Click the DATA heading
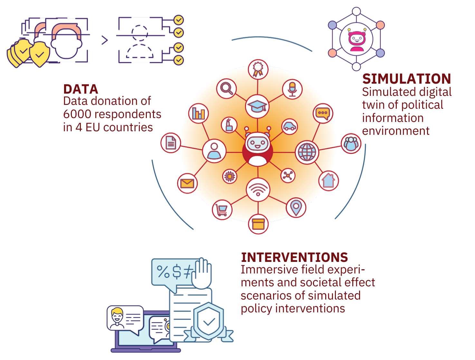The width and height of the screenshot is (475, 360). [x=81, y=89]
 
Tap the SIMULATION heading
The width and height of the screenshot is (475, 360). [x=406, y=79]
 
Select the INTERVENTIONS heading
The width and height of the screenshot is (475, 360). [x=294, y=257]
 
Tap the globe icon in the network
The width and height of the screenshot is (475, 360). [x=307, y=152]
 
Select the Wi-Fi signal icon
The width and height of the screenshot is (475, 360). [x=258, y=189]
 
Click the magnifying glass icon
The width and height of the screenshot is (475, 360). [x=226, y=88]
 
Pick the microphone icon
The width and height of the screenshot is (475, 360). [x=292, y=89]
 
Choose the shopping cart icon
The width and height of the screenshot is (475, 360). [x=222, y=210]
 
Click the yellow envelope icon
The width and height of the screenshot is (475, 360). [x=187, y=183]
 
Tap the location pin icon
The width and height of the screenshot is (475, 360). [x=296, y=208]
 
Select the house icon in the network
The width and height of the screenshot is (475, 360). [x=328, y=180]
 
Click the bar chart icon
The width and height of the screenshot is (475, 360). [x=198, y=113]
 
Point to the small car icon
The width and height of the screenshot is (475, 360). [x=289, y=126]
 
